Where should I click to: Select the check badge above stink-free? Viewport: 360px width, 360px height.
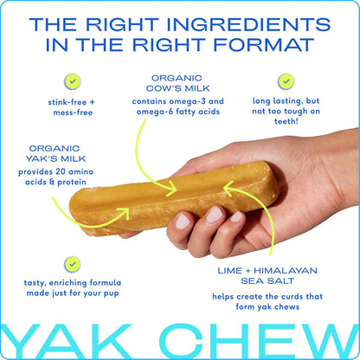pos(72,83)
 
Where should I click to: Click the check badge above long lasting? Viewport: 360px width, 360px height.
pos(286,81)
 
